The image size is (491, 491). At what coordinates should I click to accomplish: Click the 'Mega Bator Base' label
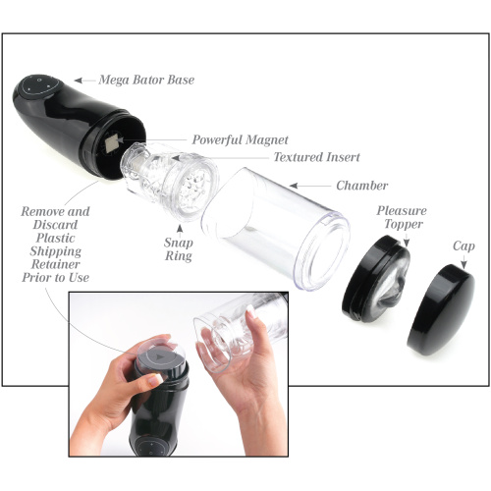(x=146, y=80)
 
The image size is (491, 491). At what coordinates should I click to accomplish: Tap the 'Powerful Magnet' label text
(x=240, y=139)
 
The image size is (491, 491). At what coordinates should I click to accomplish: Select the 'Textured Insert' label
(x=316, y=157)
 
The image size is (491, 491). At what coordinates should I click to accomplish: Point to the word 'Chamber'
(x=361, y=186)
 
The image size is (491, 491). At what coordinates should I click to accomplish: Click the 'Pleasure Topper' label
(x=402, y=217)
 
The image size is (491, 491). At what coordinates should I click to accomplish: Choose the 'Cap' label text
(x=464, y=246)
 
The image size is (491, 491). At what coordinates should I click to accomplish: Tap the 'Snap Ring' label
(x=178, y=249)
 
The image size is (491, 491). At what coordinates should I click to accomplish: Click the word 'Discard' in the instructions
(x=55, y=225)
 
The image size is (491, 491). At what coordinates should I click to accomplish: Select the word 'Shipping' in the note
(x=55, y=251)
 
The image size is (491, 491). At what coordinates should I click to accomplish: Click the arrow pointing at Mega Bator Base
(x=84, y=81)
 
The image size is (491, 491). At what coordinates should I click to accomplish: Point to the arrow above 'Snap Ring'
(x=180, y=231)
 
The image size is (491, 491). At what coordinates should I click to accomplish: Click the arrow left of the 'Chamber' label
(x=309, y=186)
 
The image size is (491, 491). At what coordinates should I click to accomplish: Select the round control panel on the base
(x=40, y=85)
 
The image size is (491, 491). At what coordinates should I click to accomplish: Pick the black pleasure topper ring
(x=375, y=278)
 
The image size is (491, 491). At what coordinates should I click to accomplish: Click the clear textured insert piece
(x=170, y=180)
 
